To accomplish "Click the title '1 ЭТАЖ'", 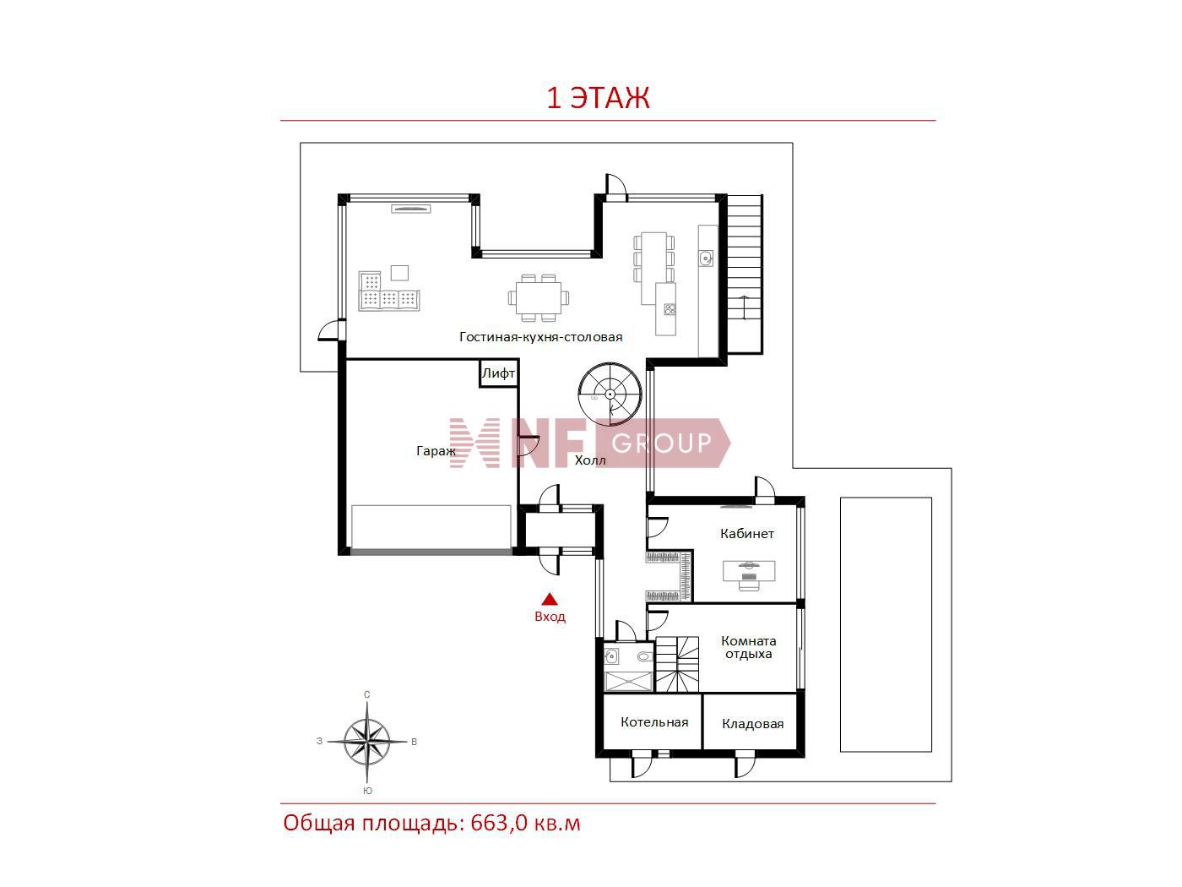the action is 598,99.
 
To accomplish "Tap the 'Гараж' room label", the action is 436,451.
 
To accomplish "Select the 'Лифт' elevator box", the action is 499,373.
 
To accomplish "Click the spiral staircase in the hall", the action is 610,394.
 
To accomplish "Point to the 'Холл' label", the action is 590,460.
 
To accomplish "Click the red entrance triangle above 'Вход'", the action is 550,599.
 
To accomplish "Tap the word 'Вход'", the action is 550,617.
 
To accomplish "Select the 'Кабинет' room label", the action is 747,534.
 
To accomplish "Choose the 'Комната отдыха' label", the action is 749,647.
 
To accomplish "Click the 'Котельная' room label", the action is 654,722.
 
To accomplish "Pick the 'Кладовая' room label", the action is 752,724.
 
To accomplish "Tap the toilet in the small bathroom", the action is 644,656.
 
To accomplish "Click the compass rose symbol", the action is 367,742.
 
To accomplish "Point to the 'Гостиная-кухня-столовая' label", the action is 540,337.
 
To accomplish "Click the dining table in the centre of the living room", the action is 539,298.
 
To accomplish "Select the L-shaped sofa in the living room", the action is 388,291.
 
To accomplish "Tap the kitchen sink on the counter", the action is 706,258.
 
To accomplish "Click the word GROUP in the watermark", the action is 661,443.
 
